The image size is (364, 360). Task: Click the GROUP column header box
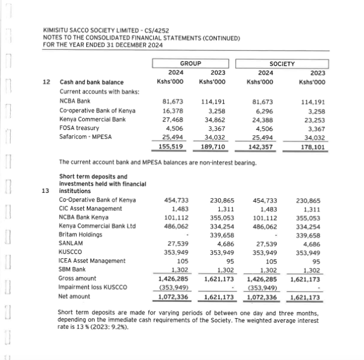pos(190,63)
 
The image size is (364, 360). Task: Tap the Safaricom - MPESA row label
pos(86,136)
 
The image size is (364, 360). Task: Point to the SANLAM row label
pos(71,244)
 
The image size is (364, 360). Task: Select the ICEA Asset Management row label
pos(92,261)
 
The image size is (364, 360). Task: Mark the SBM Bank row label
pos(73,270)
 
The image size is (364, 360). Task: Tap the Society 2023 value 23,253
pos(313,119)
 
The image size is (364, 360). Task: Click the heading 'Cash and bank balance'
pos(91,82)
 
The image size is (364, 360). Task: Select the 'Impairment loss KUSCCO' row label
pos(92,288)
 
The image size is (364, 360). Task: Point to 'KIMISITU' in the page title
pos(57,31)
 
